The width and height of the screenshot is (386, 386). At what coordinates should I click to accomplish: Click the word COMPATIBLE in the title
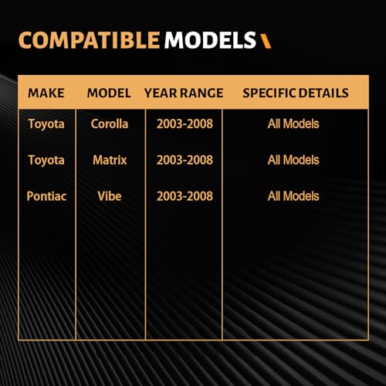[x=89, y=40]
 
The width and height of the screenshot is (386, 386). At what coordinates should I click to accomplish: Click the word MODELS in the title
[x=210, y=40]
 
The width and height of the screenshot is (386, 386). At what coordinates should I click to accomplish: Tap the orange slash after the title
[x=266, y=41]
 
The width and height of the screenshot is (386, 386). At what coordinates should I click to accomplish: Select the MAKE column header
[x=46, y=93]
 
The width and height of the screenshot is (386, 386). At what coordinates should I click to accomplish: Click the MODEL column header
[x=109, y=93]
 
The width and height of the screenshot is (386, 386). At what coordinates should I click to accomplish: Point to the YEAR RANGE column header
[x=184, y=93]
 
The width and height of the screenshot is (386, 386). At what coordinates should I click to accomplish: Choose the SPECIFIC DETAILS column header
[x=296, y=93]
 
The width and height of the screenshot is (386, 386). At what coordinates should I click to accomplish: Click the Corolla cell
[x=110, y=124]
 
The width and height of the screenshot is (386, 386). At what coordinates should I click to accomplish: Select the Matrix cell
[x=110, y=160]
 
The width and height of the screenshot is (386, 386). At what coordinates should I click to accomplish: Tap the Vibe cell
[x=110, y=196]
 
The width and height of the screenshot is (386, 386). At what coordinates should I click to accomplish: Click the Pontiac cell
[x=46, y=196]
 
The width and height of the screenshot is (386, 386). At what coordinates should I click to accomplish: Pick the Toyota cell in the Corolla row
[x=46, y=124]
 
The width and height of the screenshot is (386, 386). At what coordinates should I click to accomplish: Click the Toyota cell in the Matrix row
[x=46, y=161]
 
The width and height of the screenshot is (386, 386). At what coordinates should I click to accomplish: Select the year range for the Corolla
[x=185, y=124]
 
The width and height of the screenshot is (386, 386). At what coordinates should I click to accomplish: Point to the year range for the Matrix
[x=185, y=160]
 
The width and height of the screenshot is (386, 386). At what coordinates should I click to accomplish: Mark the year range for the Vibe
[x=185, y=196]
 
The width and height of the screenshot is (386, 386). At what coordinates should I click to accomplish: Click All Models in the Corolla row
[x=293, y=124]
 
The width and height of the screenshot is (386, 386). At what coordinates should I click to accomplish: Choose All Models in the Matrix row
[x=293, y=160]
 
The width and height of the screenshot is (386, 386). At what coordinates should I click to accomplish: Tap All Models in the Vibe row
[x=293, y=196]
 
